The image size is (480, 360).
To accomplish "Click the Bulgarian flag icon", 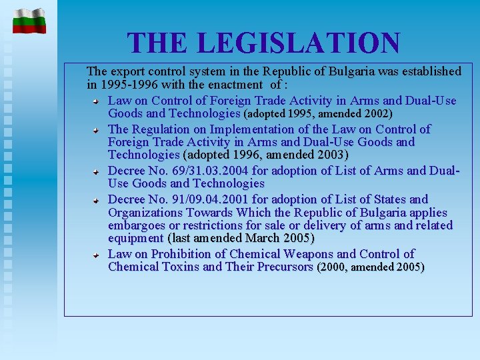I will (x=29, y=21).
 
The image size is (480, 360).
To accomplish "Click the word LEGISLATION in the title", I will (x=300, y=43).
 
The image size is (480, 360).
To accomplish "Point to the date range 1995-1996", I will (x=129, y=85).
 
